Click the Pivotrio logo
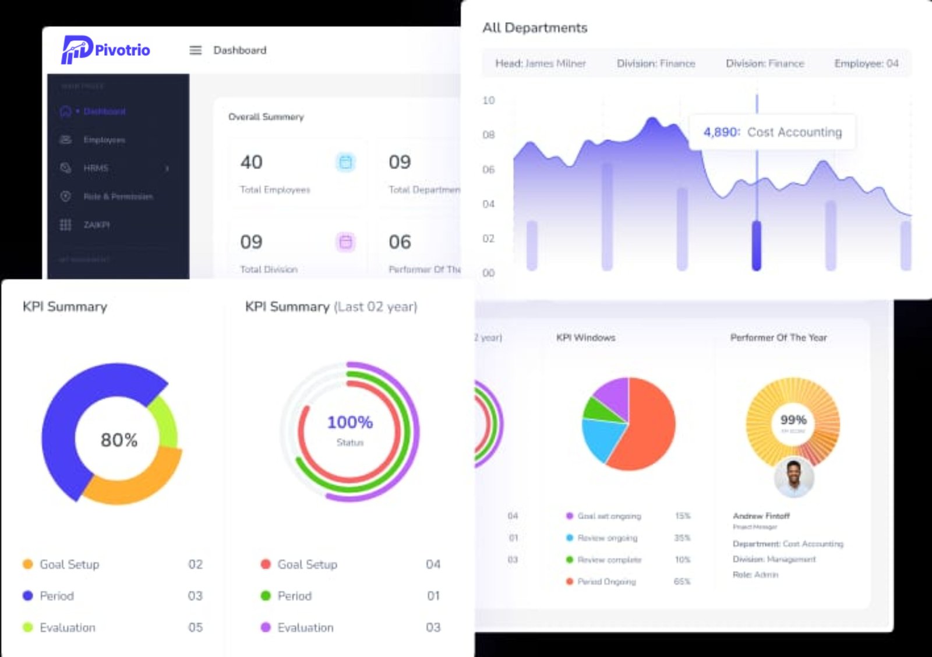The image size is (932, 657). (x=105, y=50)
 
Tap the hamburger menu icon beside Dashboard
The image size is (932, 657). (x=196, y=51)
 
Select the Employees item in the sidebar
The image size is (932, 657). (x=104, y=140)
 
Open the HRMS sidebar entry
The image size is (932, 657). (x=96, y=168)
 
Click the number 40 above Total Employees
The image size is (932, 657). (x=251, y=162)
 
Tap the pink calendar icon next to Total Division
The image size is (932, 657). (x=345, y=242)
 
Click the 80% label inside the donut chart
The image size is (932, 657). (x=119, y=440)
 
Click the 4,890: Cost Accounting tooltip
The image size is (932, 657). (x=772, y=132)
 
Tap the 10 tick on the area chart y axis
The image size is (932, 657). (x=488, y=101)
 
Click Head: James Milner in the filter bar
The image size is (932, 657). (x=540, y=63)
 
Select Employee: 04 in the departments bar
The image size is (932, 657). (x=866, y=63)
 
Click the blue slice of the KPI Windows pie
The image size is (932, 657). (x=600, y=437)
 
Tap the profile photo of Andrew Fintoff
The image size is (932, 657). (x=793, y=477)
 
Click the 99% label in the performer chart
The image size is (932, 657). (x=793, y=420)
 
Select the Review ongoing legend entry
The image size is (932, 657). (x=607, y=538)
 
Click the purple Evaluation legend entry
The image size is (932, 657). (x=305, y=628)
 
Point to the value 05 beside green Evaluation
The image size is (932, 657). (x=195, y=628)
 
